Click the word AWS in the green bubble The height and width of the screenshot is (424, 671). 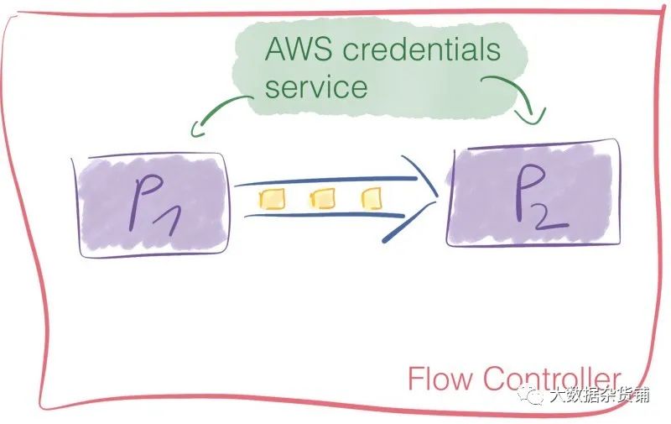tap(298, 49)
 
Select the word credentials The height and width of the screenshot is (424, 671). tap(422, 49)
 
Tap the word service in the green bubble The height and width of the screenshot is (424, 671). tap(316, 86)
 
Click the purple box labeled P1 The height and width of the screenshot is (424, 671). tap(151, 206)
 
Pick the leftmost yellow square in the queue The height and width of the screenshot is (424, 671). tap(271, 199)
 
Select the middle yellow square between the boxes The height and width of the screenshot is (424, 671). tap(322, 198)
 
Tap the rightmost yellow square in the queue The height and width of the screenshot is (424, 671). tap(372, 198)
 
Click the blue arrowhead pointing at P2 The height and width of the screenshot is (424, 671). tap(413, 198)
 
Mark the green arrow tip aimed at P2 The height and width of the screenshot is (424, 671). tap(532, 117)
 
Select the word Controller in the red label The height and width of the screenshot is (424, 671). tap(552, 378)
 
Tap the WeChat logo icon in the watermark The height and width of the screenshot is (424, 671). tap(531, 394)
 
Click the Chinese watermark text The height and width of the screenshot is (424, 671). tap(599, 395)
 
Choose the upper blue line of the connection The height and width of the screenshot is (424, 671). tap(325, 181)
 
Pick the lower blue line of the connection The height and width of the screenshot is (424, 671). tap(325, 214)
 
